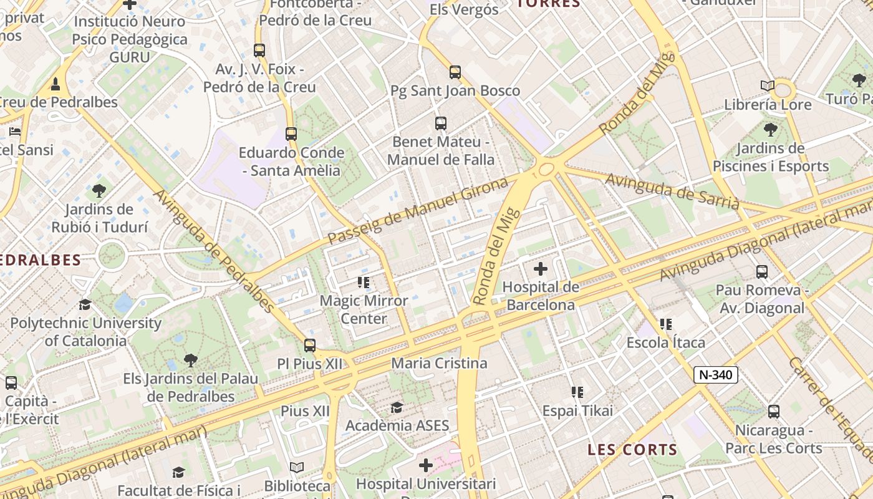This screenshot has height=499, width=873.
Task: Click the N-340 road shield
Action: (x=716, y=375)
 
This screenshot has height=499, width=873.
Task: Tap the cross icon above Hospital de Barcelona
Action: (x=541, y=269)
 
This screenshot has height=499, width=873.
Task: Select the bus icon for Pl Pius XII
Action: (x=310, y=346)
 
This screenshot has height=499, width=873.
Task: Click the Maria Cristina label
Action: (x=439, y=363)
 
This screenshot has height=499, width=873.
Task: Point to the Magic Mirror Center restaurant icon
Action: (x=364, y=283)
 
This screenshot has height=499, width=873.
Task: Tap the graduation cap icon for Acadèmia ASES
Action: (x=397, y=408)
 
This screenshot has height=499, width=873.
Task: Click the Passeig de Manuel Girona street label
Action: (x=418, y=211)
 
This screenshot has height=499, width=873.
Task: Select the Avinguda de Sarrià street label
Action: (x=672, y=191)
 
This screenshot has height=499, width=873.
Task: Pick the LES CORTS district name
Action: (x=632, y=450)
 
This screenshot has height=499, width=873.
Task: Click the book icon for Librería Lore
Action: (x=768, y=86)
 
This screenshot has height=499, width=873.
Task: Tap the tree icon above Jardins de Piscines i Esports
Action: (x=771, y=130)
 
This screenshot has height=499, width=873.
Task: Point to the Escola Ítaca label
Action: (x=666, y=342)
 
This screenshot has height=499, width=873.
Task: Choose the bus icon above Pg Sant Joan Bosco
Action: (x=455, y=72)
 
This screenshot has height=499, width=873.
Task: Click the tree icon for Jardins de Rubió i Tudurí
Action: (x=99, y=191)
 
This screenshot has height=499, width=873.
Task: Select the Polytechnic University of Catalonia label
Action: (x=85, y=332)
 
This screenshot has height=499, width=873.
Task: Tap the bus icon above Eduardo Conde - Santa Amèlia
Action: (x=291, y=133)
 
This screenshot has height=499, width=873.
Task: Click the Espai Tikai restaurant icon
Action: (x=577, y=392)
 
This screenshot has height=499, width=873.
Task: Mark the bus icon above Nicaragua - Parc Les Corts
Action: (x=774, y=412)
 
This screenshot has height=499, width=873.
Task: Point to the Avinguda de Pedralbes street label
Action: (x=214, y=251)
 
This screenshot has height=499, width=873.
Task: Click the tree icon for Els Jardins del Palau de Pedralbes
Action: (x=190, y=361)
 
